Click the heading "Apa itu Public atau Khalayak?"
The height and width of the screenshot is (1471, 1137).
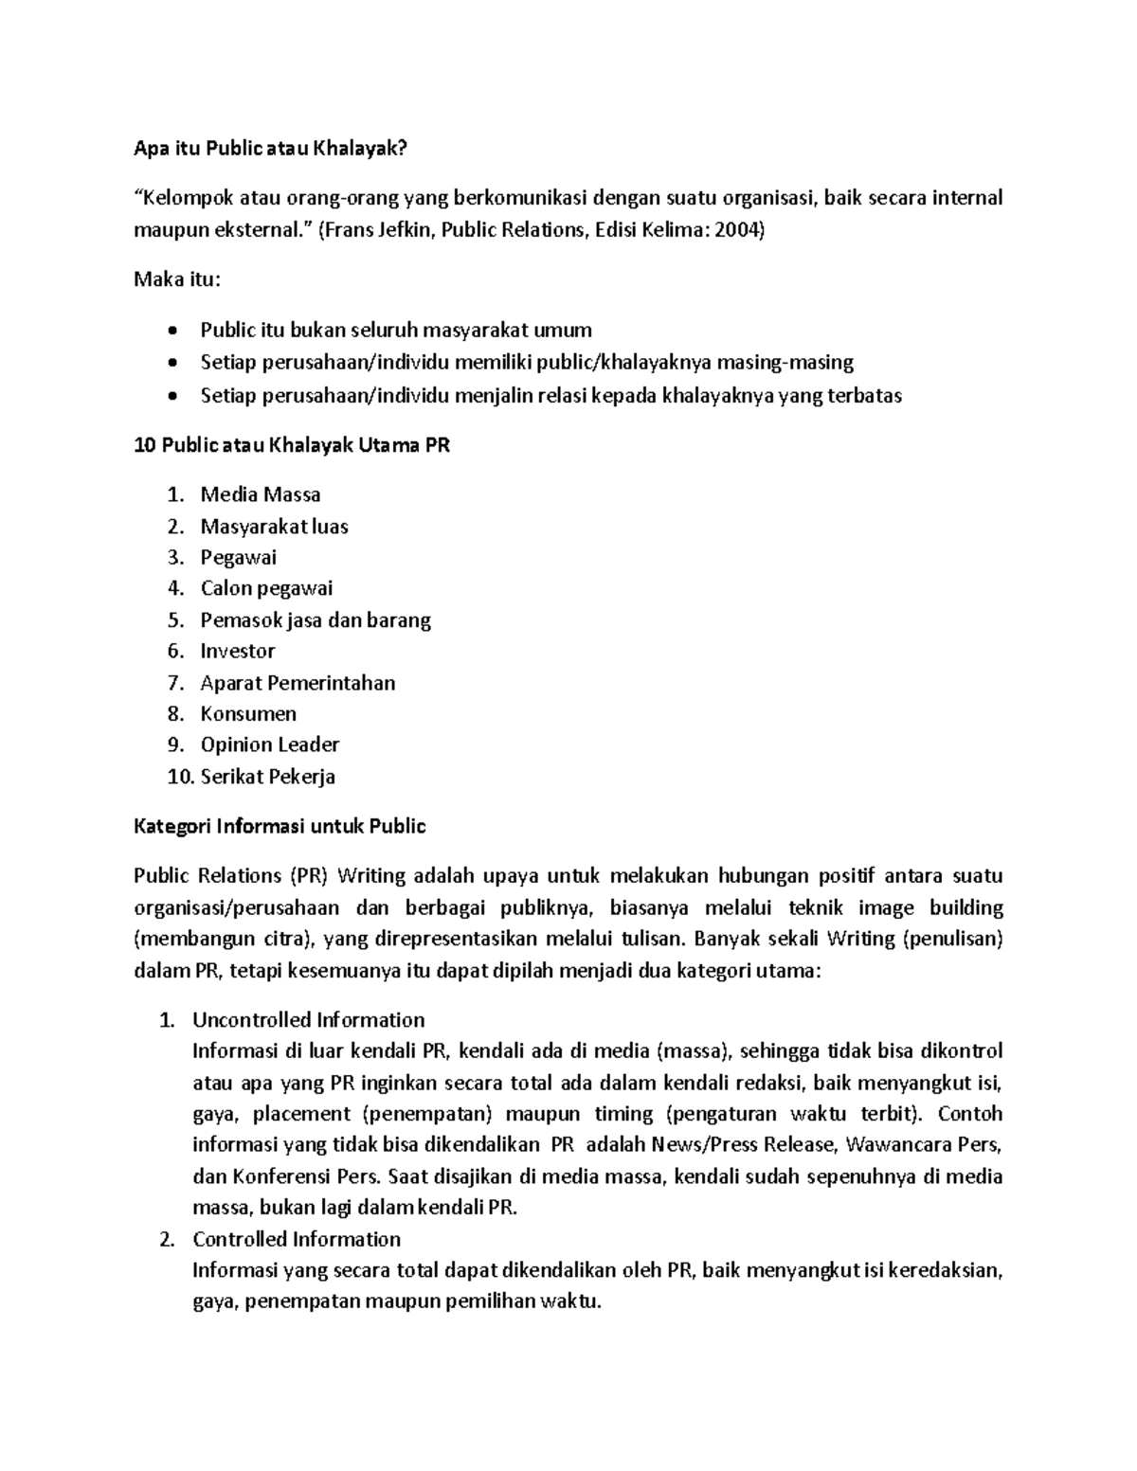click(274, 149)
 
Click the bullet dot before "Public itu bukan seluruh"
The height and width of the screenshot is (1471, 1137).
click(171, 332)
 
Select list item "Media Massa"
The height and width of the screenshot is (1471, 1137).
click(261, 494)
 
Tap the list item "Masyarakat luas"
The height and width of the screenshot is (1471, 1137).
click(274, 527)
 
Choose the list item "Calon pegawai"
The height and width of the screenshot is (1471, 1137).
click(266, 588)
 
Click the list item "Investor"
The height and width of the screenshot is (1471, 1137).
click(238, 651)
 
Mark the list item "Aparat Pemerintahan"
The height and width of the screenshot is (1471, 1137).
click(298, 683)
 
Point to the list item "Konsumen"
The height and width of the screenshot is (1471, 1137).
click(248, 713)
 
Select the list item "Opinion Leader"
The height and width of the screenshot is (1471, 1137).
click(269, 744)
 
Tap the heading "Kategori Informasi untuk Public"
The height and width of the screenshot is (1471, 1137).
click(280, 826)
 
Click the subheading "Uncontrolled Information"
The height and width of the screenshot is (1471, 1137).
click(308, 1020)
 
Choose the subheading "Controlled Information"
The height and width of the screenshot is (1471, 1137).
click(297, 1239)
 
